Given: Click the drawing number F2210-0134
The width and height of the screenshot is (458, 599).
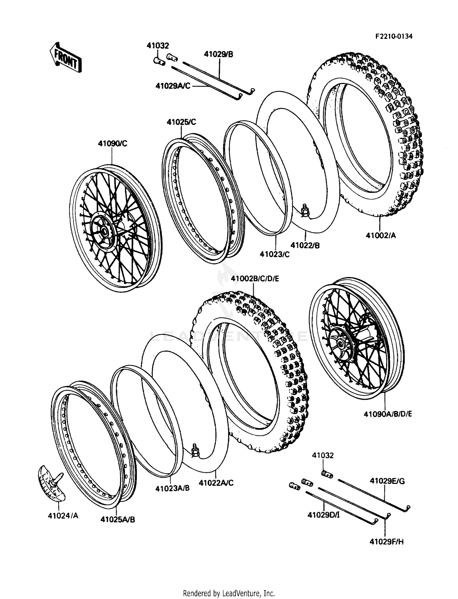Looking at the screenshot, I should click(x=394, y=36).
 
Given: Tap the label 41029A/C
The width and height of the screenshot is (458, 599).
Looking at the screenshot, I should click(x=173, y=86).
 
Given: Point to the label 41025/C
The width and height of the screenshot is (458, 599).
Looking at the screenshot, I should click(x=181, y=122).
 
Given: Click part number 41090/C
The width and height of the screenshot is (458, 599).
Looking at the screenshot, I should click(x=112, y=143).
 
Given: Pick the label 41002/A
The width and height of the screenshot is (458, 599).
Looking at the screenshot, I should click(x=380, y=235).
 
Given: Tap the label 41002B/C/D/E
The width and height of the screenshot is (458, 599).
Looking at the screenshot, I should click(x=255, y=279).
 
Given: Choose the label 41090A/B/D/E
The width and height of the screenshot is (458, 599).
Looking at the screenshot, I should click(x=388, y=414).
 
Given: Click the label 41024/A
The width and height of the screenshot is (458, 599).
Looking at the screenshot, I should click(x=63, y=516).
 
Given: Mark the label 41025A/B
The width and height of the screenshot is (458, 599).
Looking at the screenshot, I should click(x=118, y=519).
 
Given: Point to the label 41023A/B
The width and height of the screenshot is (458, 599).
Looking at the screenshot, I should click(x=172, y=488).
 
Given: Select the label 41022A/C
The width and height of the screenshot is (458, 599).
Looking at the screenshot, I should click(x=216, y=483).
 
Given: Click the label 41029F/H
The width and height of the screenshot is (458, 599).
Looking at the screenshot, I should click(x=387, y=542).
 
